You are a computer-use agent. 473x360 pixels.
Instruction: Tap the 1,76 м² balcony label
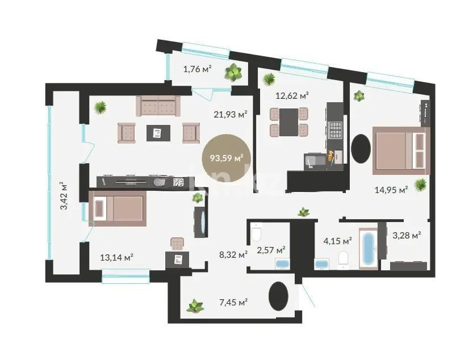[x=197, y=69]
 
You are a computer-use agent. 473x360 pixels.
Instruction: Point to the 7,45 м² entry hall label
[x=233, y=302]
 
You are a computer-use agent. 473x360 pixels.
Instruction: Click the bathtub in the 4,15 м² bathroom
[x=369, y=249]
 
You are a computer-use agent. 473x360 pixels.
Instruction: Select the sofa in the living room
[x=158, y=106]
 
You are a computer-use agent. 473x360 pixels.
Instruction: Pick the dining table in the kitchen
[x=289, y=122]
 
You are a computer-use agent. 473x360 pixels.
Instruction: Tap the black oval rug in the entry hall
[x=278, y=296]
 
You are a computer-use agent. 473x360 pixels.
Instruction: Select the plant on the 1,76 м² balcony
[x=233, y=72]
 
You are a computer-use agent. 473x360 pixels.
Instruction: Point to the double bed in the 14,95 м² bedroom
[x=400, y=150]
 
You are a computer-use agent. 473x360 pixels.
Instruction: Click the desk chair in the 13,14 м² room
[x=178, y=242]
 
